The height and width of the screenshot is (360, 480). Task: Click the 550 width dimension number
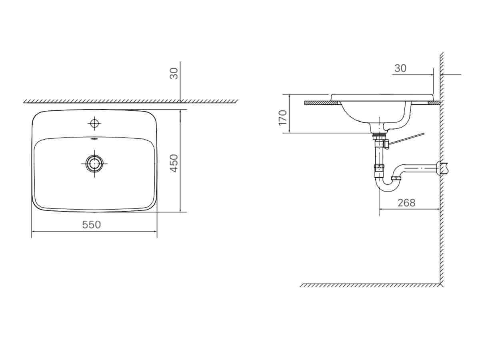coord(92,225)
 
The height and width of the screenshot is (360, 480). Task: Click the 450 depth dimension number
coord(174,163)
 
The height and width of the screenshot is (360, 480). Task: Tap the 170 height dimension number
coord(283,118)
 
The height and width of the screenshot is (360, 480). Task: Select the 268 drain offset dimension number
coord(406,203)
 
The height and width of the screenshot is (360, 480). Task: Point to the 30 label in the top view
coord(174,74)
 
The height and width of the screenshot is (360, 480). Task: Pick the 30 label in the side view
coord(400,68)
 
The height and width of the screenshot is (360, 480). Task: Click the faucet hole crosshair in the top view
coord(94,124)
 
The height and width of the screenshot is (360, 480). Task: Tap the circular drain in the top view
coord(94,164)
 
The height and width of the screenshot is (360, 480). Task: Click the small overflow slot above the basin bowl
coord(94,138)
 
